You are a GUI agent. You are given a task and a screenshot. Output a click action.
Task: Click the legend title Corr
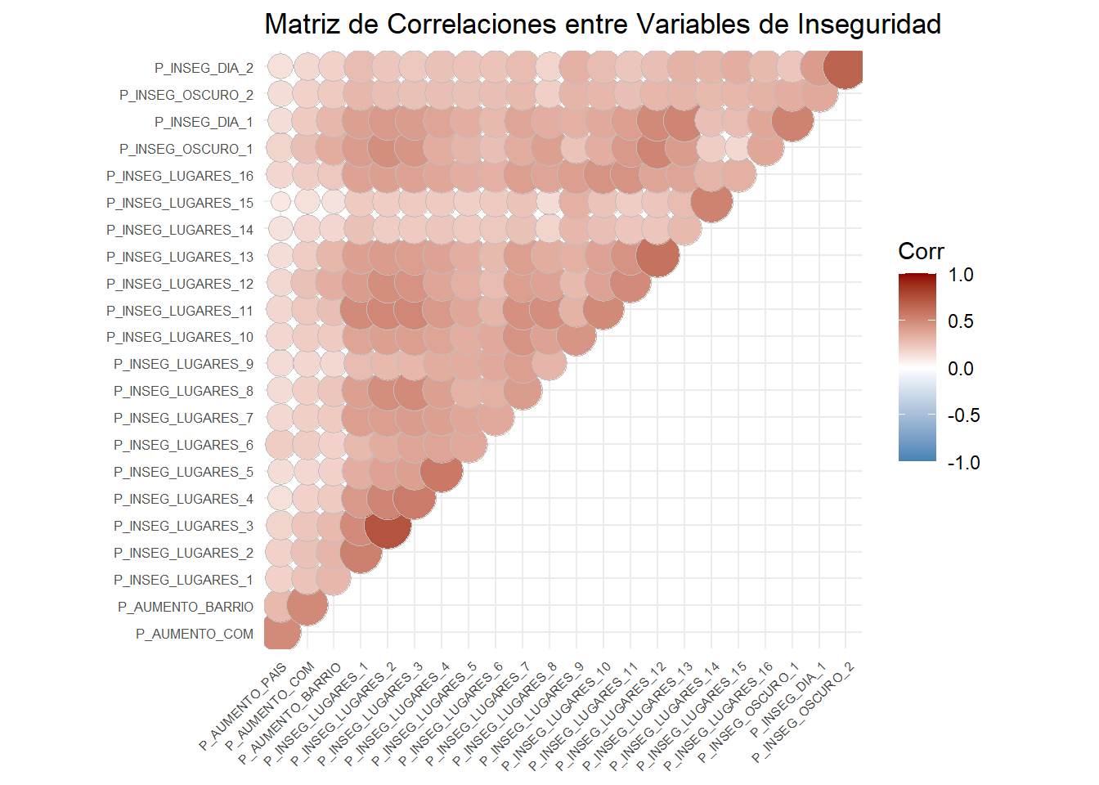(x=921, y=251)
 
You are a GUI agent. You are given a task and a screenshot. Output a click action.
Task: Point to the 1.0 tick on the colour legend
(x=961, y=275)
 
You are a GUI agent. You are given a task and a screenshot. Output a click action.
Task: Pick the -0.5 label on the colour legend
(x=963, y=415)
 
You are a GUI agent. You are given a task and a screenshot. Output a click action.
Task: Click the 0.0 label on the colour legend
(x=961, y=369)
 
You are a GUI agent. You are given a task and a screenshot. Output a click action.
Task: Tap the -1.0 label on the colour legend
(x=963, y=463)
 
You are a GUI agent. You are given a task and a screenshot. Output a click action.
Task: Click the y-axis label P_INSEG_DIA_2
(x=204, y=68)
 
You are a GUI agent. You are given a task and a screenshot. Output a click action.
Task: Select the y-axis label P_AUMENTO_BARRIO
(x=186, y=607)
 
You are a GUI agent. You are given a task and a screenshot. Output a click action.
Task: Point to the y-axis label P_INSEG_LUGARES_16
(x=180, y=176)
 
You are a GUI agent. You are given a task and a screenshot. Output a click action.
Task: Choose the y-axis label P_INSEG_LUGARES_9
(x=183, y=364)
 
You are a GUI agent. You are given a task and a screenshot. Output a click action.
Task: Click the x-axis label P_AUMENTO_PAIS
(x=244, y=706)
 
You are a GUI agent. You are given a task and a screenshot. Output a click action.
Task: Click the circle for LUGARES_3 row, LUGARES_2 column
(x=388, y=526)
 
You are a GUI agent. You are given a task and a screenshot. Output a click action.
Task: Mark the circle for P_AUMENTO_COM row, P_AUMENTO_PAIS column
(x=280, y=634)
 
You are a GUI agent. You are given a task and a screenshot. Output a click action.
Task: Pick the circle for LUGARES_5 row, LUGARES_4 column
(x=442, y=472)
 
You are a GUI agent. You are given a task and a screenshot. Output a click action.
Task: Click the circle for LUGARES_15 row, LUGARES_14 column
(x=711, y=203)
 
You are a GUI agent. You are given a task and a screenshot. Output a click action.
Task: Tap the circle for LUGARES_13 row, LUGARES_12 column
(x=657, y=257)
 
